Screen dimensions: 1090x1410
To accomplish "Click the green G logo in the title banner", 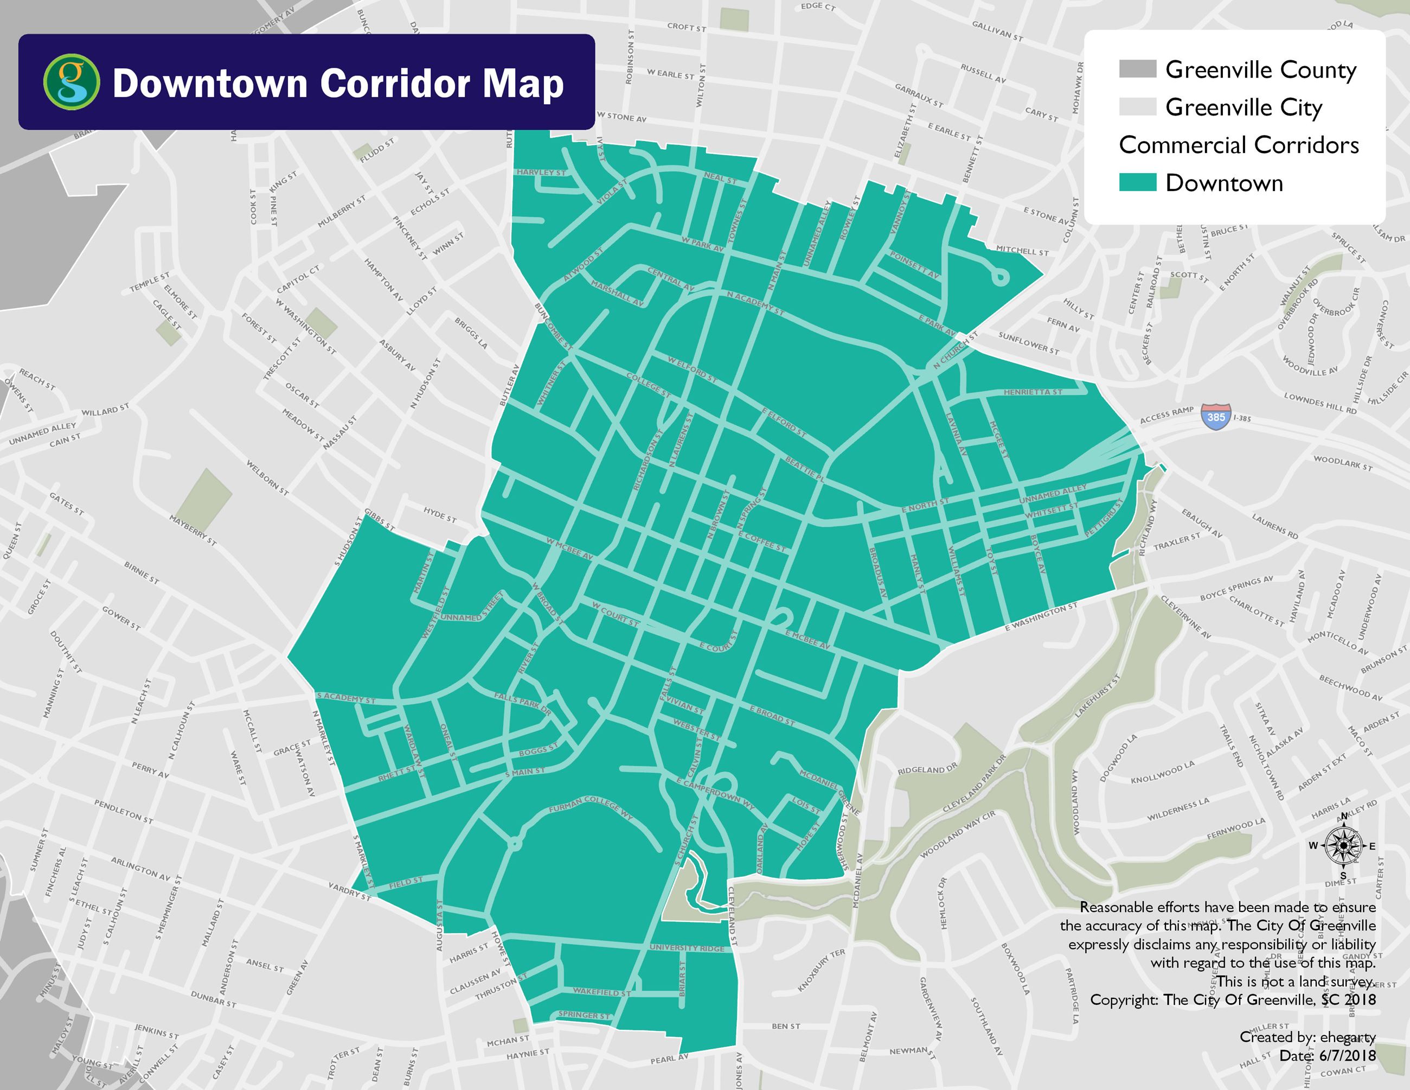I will coord(71,82).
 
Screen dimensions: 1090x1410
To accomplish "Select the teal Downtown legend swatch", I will coord(1137,183).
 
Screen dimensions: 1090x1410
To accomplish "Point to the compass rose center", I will coord(1343,845).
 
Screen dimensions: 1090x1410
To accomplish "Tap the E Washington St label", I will coord(1041,617).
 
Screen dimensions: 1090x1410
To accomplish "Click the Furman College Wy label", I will coord(592,809).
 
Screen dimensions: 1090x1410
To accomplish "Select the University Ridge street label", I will coord(691,948).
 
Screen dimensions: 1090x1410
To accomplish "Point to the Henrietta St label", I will coord(1033,392).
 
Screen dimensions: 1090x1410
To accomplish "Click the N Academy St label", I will coord(755,303).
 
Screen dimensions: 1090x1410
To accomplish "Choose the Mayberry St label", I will coord(193,530).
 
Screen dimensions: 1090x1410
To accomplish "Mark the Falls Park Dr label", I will coord(522,704).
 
